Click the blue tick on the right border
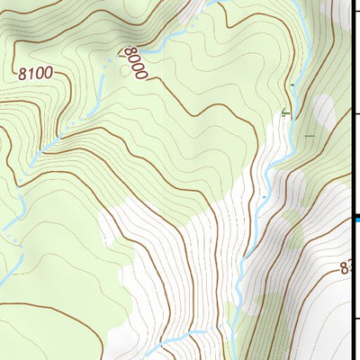356,218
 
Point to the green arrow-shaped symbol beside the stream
286,112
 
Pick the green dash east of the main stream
310,137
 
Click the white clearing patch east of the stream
321,112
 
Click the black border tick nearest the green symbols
355,114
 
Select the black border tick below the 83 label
355,318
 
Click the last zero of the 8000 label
141,77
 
